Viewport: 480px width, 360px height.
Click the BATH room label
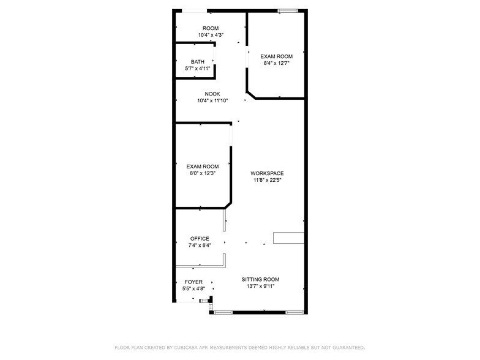pyautogui.click(x=198, y=62)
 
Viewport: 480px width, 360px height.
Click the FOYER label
pyautogui.click(x=193, y=282)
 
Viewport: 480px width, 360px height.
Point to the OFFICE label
pyautogui.click(x=200, y=239)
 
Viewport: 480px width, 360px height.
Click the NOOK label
pyautogui.click(x=212, y=94)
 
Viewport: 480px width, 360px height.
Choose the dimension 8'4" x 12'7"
pyautogui.click(x=276, y=63)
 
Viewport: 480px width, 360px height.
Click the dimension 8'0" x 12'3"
pyautogui.click(x=203, y=173)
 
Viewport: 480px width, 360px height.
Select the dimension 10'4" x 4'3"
pyautogui.click(x=211, y=35)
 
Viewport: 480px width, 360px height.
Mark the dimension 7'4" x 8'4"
pyautogui.click(x=200, y=246)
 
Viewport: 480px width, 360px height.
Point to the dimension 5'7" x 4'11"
pyautogui.click(x=198, y=69)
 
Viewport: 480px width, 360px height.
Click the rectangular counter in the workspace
pyautogui.click(x=288, y=238)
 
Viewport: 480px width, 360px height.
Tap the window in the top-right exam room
pyautogui.click(x=287, y=10)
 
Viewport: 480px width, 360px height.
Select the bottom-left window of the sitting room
pyautogui.click(x=223, y=312)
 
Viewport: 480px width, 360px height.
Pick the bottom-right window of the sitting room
pyautogui.click(x=294, y=312)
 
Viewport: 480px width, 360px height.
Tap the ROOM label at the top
pyautogui.click(x=211, y=28)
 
